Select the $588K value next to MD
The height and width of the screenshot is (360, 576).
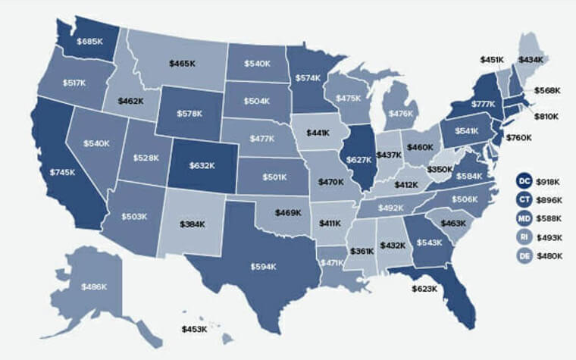[549, 218]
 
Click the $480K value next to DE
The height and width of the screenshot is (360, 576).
[549, 256]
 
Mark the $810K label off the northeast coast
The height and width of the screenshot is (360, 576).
[546, 117]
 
